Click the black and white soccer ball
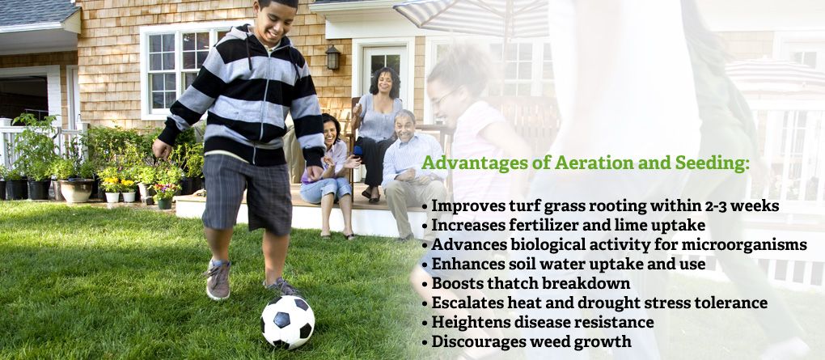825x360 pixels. pyautogui.click(x=287, y=322)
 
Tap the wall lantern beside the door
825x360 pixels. pyautogui.click(x=332, y=57)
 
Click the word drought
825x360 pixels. pyautogui.click(x=629, y=303)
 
